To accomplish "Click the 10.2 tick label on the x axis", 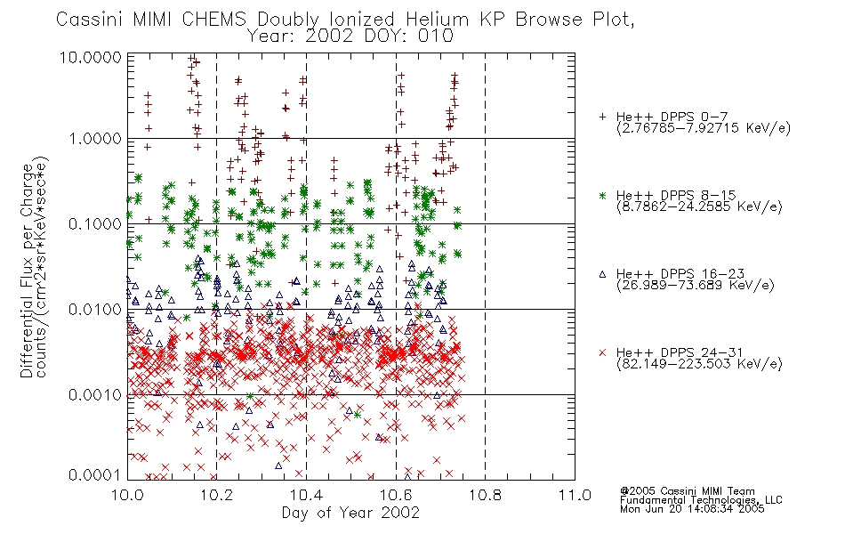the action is pos(217,495).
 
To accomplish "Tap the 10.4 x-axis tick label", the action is pos(306,495).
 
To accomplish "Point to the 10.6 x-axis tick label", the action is pos(396,495).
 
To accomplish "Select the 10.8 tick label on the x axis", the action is pos(485,495).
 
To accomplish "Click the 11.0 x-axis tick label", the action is pos(575,495).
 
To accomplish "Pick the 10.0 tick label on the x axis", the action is pos(127,495).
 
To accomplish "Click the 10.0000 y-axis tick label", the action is pos(91,57).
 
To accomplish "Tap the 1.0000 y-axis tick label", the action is pos(95,139).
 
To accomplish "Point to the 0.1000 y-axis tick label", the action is pos(95,224).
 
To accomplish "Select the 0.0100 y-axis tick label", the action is pos(95,310).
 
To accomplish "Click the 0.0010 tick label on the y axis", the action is pos(95,395).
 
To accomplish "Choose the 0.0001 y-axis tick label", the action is pos(95,474).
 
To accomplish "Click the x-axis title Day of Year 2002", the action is pos(350,513).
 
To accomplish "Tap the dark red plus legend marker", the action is pos(602,117).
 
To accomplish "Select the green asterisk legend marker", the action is pos(602,195).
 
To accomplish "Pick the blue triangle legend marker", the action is pos(602,274).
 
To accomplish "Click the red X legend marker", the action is pos(602,352).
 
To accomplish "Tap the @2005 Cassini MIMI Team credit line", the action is pos(687,491).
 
